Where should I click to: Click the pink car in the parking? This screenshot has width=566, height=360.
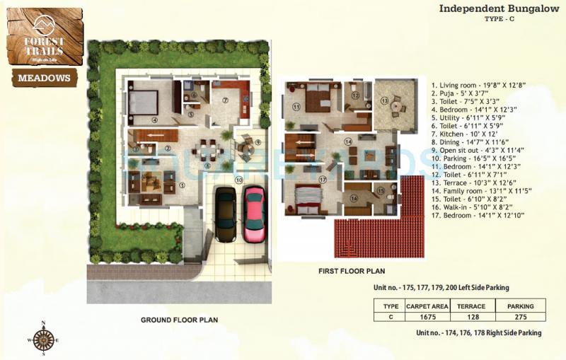[x=254, y=214]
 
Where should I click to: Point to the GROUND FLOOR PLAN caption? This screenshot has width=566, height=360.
[x=179, y=320]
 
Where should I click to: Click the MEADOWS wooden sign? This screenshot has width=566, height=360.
[x=43, y=77]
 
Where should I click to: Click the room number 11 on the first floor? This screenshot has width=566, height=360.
[x=296, y=107]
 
